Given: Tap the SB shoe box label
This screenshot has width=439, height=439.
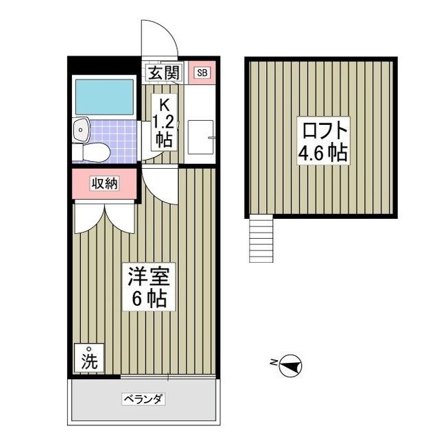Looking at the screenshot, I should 202,73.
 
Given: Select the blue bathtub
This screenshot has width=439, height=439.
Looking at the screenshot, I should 104,97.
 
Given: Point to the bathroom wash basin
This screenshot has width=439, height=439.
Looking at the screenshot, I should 80,127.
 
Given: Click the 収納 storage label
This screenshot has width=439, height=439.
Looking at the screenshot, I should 106,183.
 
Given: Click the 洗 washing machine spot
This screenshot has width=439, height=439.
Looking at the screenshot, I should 90,359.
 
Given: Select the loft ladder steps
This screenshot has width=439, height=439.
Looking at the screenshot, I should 260,238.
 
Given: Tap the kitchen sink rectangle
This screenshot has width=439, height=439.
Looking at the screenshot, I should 201,137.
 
